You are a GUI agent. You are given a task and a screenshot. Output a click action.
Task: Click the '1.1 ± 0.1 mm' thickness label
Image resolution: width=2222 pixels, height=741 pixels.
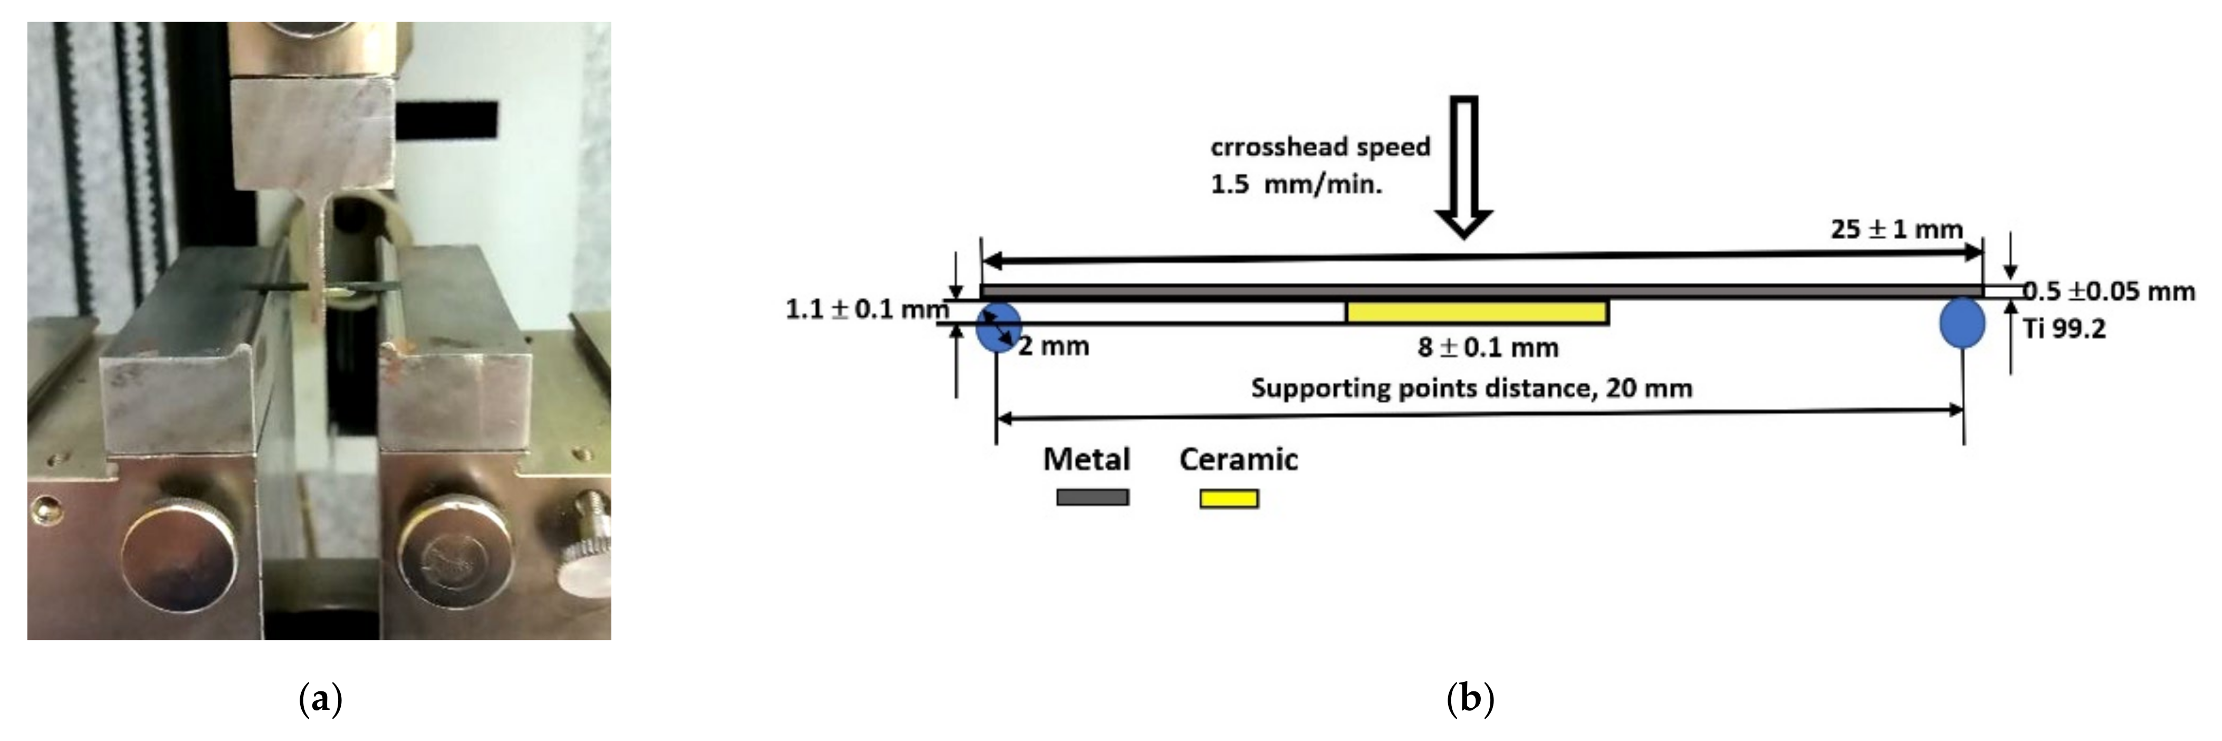[x=866, y=309]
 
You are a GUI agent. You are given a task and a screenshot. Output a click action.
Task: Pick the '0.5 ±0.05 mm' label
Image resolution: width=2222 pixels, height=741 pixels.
[x=2109, y=291]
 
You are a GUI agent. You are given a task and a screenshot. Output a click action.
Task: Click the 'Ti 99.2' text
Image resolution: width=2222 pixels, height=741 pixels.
[x=2064, y=329]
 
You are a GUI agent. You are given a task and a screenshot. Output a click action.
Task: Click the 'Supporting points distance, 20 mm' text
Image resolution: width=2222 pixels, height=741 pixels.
[x=1471, y=388]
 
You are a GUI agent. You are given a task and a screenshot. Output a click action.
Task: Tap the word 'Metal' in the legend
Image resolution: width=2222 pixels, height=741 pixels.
[x=1086, y=459]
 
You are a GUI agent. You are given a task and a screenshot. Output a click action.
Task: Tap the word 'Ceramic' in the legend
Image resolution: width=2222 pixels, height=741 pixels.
[x=1238, y=459]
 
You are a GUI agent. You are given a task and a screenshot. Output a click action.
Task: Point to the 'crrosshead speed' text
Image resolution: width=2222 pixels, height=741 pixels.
[x=1320, y=147]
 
